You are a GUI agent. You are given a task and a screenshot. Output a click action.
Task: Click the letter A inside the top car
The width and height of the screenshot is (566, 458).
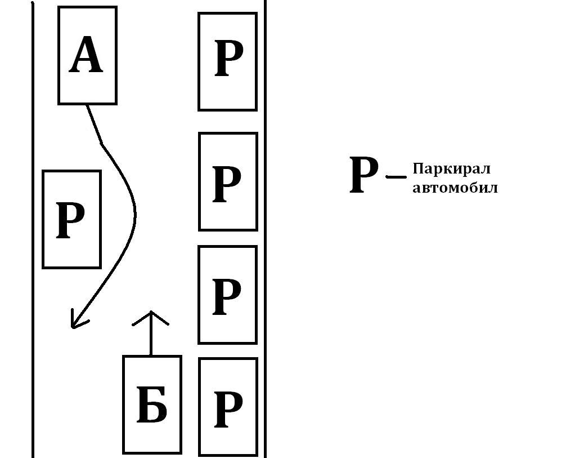point(86,56)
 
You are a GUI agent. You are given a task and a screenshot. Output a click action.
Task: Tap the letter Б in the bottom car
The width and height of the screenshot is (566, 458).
point(152,405)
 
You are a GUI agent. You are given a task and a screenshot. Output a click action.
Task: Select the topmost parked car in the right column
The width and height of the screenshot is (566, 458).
point(227,61)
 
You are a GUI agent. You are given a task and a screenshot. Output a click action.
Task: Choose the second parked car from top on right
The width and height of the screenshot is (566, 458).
point(227,181)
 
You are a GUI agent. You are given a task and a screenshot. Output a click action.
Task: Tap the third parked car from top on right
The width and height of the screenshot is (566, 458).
point(227,295)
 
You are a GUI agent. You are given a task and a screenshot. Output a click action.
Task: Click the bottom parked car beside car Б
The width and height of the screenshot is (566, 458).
point(227,406)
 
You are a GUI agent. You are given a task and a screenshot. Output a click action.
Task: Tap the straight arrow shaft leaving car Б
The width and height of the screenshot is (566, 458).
point(151,338)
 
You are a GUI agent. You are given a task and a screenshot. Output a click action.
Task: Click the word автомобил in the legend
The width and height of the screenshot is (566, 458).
point(455,188)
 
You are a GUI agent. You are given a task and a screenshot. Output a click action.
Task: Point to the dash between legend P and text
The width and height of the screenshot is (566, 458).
point(396,177)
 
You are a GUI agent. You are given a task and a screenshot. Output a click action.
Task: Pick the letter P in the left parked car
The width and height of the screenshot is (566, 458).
point(70,220)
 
